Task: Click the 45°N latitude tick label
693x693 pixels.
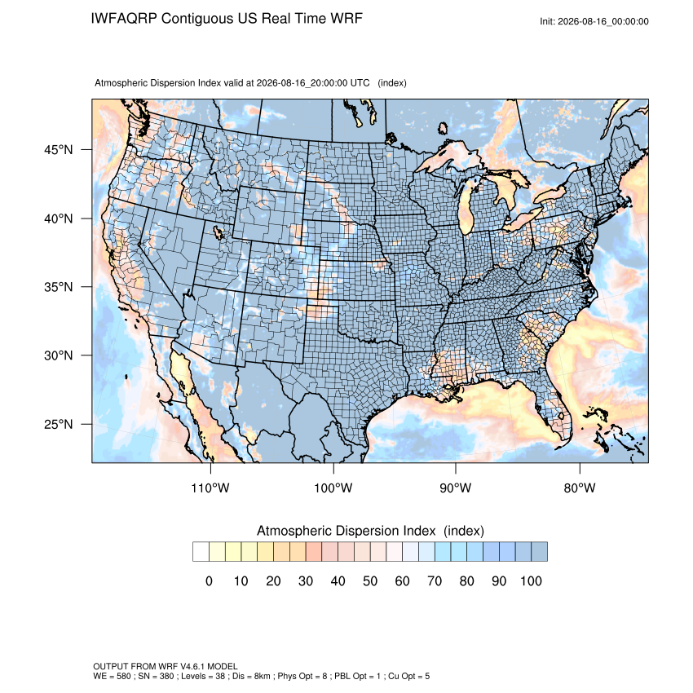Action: click(59, 150)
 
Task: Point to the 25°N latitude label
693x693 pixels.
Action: click(59, 424)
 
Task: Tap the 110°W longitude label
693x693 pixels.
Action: click(210, 488)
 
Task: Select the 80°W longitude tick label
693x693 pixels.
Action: click(580, 488)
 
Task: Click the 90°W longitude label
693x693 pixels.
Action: click(455, 488)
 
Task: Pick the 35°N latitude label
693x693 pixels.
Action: click(59, 287)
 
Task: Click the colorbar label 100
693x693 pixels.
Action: click(531, 581)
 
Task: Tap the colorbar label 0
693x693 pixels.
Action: click(209, 581)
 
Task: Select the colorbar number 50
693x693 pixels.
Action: click(370, 581)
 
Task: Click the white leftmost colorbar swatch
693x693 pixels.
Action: click(201, 552)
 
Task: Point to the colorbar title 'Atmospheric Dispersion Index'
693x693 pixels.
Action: click(346, 531)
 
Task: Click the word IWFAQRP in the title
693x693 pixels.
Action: click(124, 19)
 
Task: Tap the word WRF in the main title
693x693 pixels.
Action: click(348, 19)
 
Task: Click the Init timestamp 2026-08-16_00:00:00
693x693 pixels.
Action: click(603, 21)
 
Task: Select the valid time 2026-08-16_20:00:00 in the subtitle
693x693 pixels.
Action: click(302, 83)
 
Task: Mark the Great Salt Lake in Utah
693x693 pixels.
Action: click(218, 232)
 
